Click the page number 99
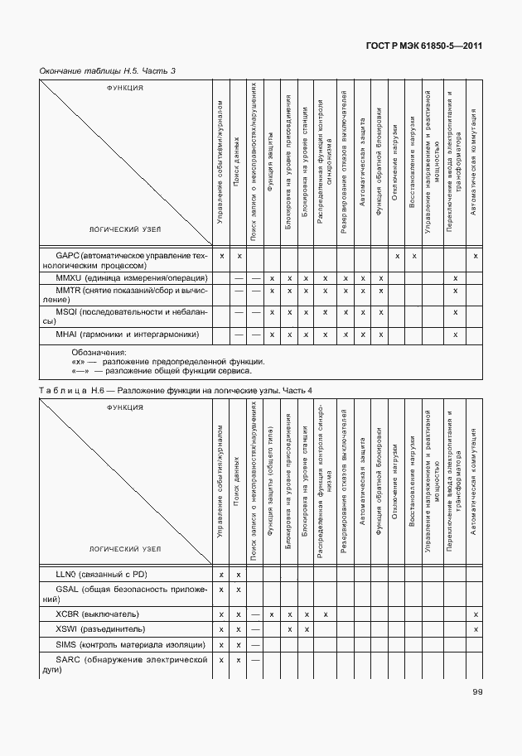click(478, 692)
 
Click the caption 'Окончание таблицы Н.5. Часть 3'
click(108, 70)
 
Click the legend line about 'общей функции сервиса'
click(162, 371)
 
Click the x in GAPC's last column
click(476, 256)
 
